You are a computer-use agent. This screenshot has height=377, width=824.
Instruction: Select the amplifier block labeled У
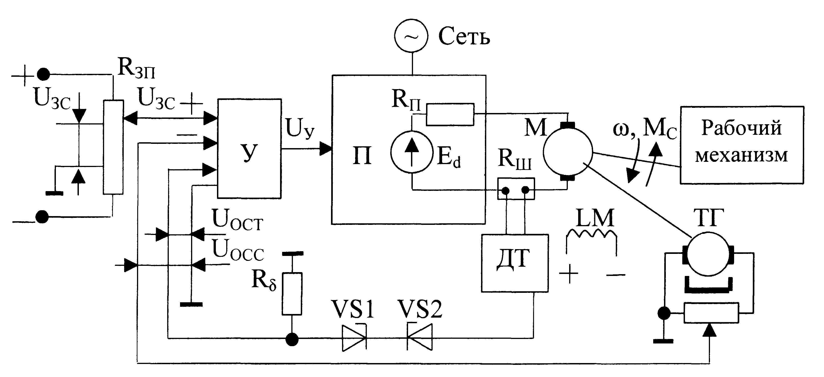(249, 149)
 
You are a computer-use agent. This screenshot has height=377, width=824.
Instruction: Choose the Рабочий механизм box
(742, 145)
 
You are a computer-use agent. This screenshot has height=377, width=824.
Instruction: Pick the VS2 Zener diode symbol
(419, 337)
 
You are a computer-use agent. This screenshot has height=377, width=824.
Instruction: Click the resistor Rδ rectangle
(292, 294)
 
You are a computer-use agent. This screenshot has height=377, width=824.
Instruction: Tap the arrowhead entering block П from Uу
(326, 149)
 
